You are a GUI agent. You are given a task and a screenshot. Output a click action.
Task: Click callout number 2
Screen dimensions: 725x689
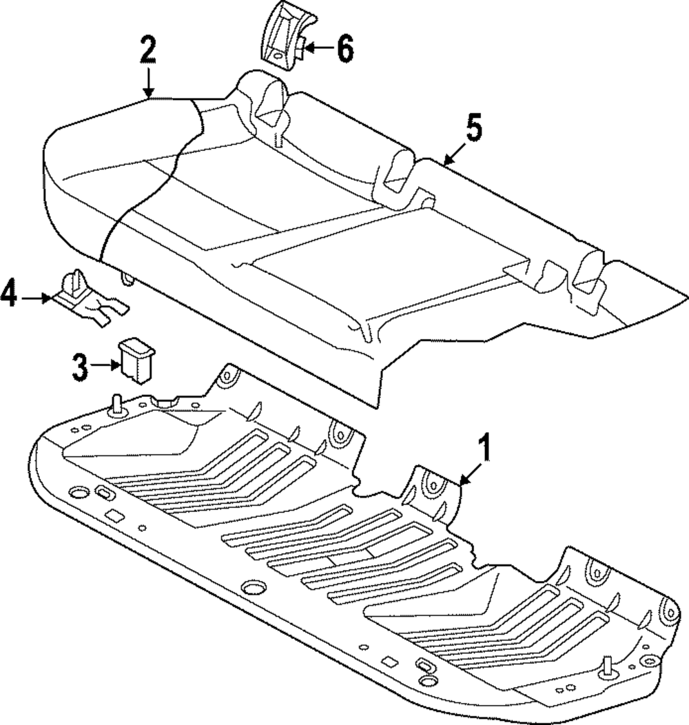click(x=148, y=52)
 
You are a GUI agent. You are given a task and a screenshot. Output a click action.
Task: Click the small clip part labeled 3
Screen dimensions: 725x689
click(x=136, y=358)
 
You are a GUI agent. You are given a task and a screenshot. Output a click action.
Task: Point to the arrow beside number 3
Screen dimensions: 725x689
click(x=107, y=367)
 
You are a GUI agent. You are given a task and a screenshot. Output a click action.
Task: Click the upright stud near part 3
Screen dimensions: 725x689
click(x=115, y=403)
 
